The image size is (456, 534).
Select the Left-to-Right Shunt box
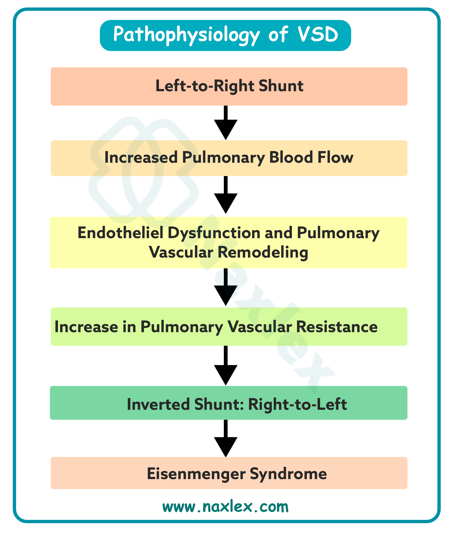[229, 86]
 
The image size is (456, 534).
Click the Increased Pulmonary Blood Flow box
[229, 158]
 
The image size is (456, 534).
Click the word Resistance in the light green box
[337, 327]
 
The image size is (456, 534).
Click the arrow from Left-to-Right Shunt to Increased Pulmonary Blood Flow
[226, 123]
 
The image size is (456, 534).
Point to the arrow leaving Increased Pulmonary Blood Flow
[226, 195]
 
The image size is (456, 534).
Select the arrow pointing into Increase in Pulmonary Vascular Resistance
[226, 288]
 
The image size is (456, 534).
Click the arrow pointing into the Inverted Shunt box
[226, 366]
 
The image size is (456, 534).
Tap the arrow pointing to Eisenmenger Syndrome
[226, 438]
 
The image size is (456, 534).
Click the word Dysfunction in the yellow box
[214, 233]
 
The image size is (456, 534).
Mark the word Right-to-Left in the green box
[297, 404]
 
